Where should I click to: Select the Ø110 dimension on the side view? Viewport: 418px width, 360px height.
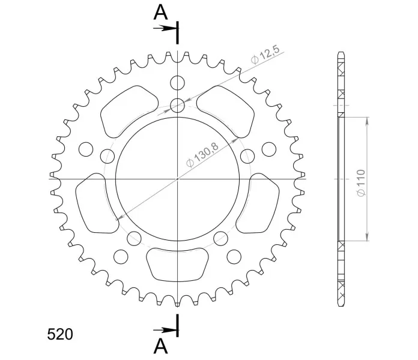[x=361, y=183]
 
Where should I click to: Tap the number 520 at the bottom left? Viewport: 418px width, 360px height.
[x=60, y=334]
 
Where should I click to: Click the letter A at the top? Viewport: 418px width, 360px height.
[x=160, y=13]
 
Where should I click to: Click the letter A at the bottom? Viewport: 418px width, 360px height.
[x=161, y=346]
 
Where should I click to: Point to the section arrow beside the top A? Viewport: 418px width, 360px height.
[x=164, y=28]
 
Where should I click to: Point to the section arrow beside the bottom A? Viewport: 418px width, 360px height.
[x=164, y=331]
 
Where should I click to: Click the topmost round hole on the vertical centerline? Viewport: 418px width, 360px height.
[x=178, y=83]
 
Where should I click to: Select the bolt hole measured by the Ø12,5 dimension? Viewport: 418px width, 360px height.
[x=178, y=106]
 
